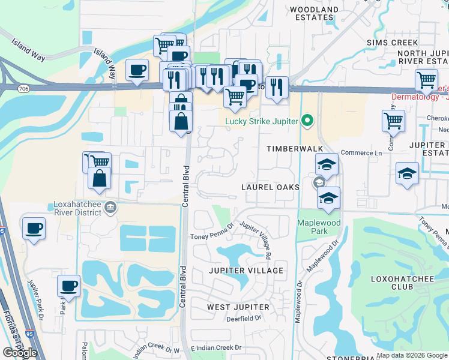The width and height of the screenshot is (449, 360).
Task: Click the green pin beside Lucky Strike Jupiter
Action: point(307,121)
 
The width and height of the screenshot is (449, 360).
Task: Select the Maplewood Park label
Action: point(319,227)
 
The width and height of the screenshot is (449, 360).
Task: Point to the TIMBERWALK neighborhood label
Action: point(295,148)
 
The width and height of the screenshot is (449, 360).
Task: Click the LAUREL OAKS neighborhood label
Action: point(270,187)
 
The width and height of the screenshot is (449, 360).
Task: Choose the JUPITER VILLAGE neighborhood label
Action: point(246,271)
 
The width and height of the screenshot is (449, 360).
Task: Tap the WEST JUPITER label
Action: point(236,307)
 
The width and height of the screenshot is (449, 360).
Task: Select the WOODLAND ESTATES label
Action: point(314,14)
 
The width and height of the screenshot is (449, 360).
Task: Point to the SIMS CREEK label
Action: point(392,43)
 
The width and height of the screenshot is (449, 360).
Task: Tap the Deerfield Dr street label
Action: point(244,319)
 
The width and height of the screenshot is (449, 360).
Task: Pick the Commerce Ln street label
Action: point(361,153)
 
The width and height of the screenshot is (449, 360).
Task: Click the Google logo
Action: point(20,352)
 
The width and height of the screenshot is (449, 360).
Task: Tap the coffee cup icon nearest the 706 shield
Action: point(137,70)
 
